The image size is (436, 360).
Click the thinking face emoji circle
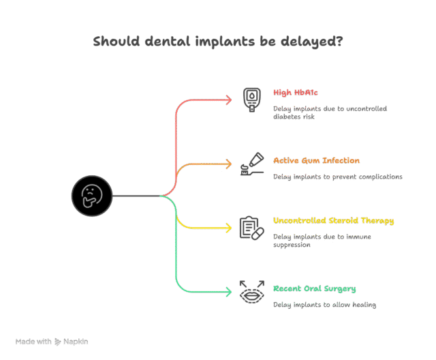tap(91, 196)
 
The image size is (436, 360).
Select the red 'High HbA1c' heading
tap(296, 92)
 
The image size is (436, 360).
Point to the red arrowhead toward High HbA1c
tap(229, 100)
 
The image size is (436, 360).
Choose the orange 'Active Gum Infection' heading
tap(316, 161)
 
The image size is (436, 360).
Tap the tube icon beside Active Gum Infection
tap(251, 164)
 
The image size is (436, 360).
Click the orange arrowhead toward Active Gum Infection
tap(229, 164)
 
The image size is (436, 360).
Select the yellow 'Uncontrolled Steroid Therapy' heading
tap(333, 221)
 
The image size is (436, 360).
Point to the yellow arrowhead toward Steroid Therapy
tap(229, 228)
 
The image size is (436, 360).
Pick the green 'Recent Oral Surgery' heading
tap(314, 288)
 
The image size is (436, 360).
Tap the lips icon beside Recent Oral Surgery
tap(251, 292)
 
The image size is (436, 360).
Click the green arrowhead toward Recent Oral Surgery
tap(229, 292)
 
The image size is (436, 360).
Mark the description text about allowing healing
tap(324, 305)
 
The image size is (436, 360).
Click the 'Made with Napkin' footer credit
tap(52, 341)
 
